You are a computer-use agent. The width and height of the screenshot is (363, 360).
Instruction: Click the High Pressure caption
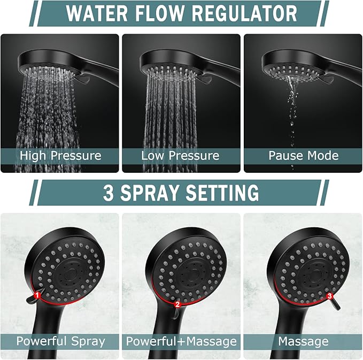60,156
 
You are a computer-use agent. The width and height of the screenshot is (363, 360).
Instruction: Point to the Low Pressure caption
180,156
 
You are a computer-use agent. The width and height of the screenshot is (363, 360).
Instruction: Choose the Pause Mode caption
303,156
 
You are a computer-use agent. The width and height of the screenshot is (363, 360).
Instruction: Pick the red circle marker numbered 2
177,304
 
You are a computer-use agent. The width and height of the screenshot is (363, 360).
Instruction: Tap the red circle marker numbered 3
330,295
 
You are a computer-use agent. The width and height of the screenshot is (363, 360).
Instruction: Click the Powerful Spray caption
60,341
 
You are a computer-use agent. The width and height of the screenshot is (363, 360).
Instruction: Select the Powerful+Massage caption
181,341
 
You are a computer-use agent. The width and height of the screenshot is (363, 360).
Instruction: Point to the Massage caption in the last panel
303,341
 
